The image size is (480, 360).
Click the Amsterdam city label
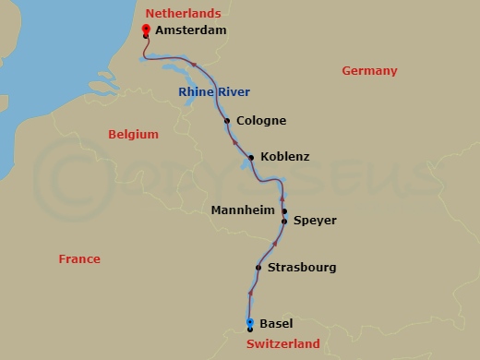190,30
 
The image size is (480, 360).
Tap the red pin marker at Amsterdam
146,30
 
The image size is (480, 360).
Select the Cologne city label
261,121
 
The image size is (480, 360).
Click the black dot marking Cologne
226,121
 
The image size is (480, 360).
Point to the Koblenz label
285,158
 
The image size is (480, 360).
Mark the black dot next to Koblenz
251,158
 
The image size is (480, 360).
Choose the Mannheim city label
244,210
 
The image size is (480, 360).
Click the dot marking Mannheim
284,211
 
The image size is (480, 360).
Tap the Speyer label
315,222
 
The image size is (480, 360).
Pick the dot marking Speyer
284,222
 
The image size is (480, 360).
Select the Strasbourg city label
301,269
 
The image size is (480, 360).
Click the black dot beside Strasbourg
258,269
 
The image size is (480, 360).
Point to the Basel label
276,324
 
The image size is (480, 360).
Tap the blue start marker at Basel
250,323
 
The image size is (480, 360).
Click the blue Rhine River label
214,91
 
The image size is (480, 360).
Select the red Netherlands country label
184,14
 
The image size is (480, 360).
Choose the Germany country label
369,71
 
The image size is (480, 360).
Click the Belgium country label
133,135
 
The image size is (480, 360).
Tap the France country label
79,259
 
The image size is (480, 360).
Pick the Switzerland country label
282,344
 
